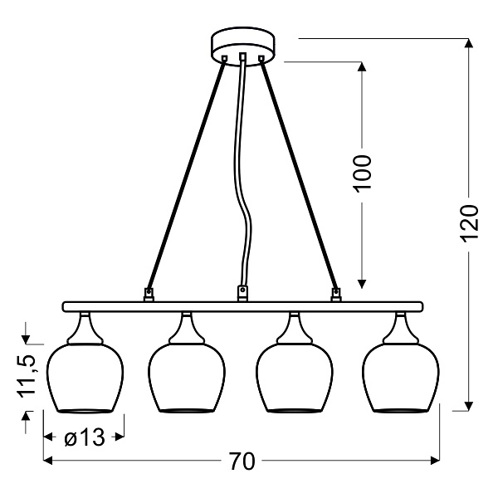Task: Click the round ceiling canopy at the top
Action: tap(243, 41)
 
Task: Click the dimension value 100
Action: tap(363, 173)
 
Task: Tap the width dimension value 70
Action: tap(242, 461)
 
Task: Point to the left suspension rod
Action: tap(188, 174)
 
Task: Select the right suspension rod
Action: tap(298, 174)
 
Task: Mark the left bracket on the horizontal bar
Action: tap(149, 293)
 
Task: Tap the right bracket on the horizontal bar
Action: tap(336, 293)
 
